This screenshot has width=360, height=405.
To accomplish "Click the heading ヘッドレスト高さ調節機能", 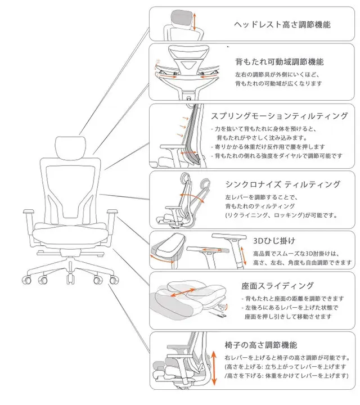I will [282, 25].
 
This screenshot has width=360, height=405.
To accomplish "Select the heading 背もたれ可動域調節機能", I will [279, 61].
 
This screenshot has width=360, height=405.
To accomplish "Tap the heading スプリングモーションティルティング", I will [280, 116].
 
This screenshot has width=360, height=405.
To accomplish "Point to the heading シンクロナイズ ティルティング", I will [282, 184].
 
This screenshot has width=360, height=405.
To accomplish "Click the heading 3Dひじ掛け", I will [274, 241].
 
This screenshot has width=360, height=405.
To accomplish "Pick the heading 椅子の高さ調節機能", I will [260, 344].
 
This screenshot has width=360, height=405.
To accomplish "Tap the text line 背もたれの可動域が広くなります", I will [278, 83].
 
